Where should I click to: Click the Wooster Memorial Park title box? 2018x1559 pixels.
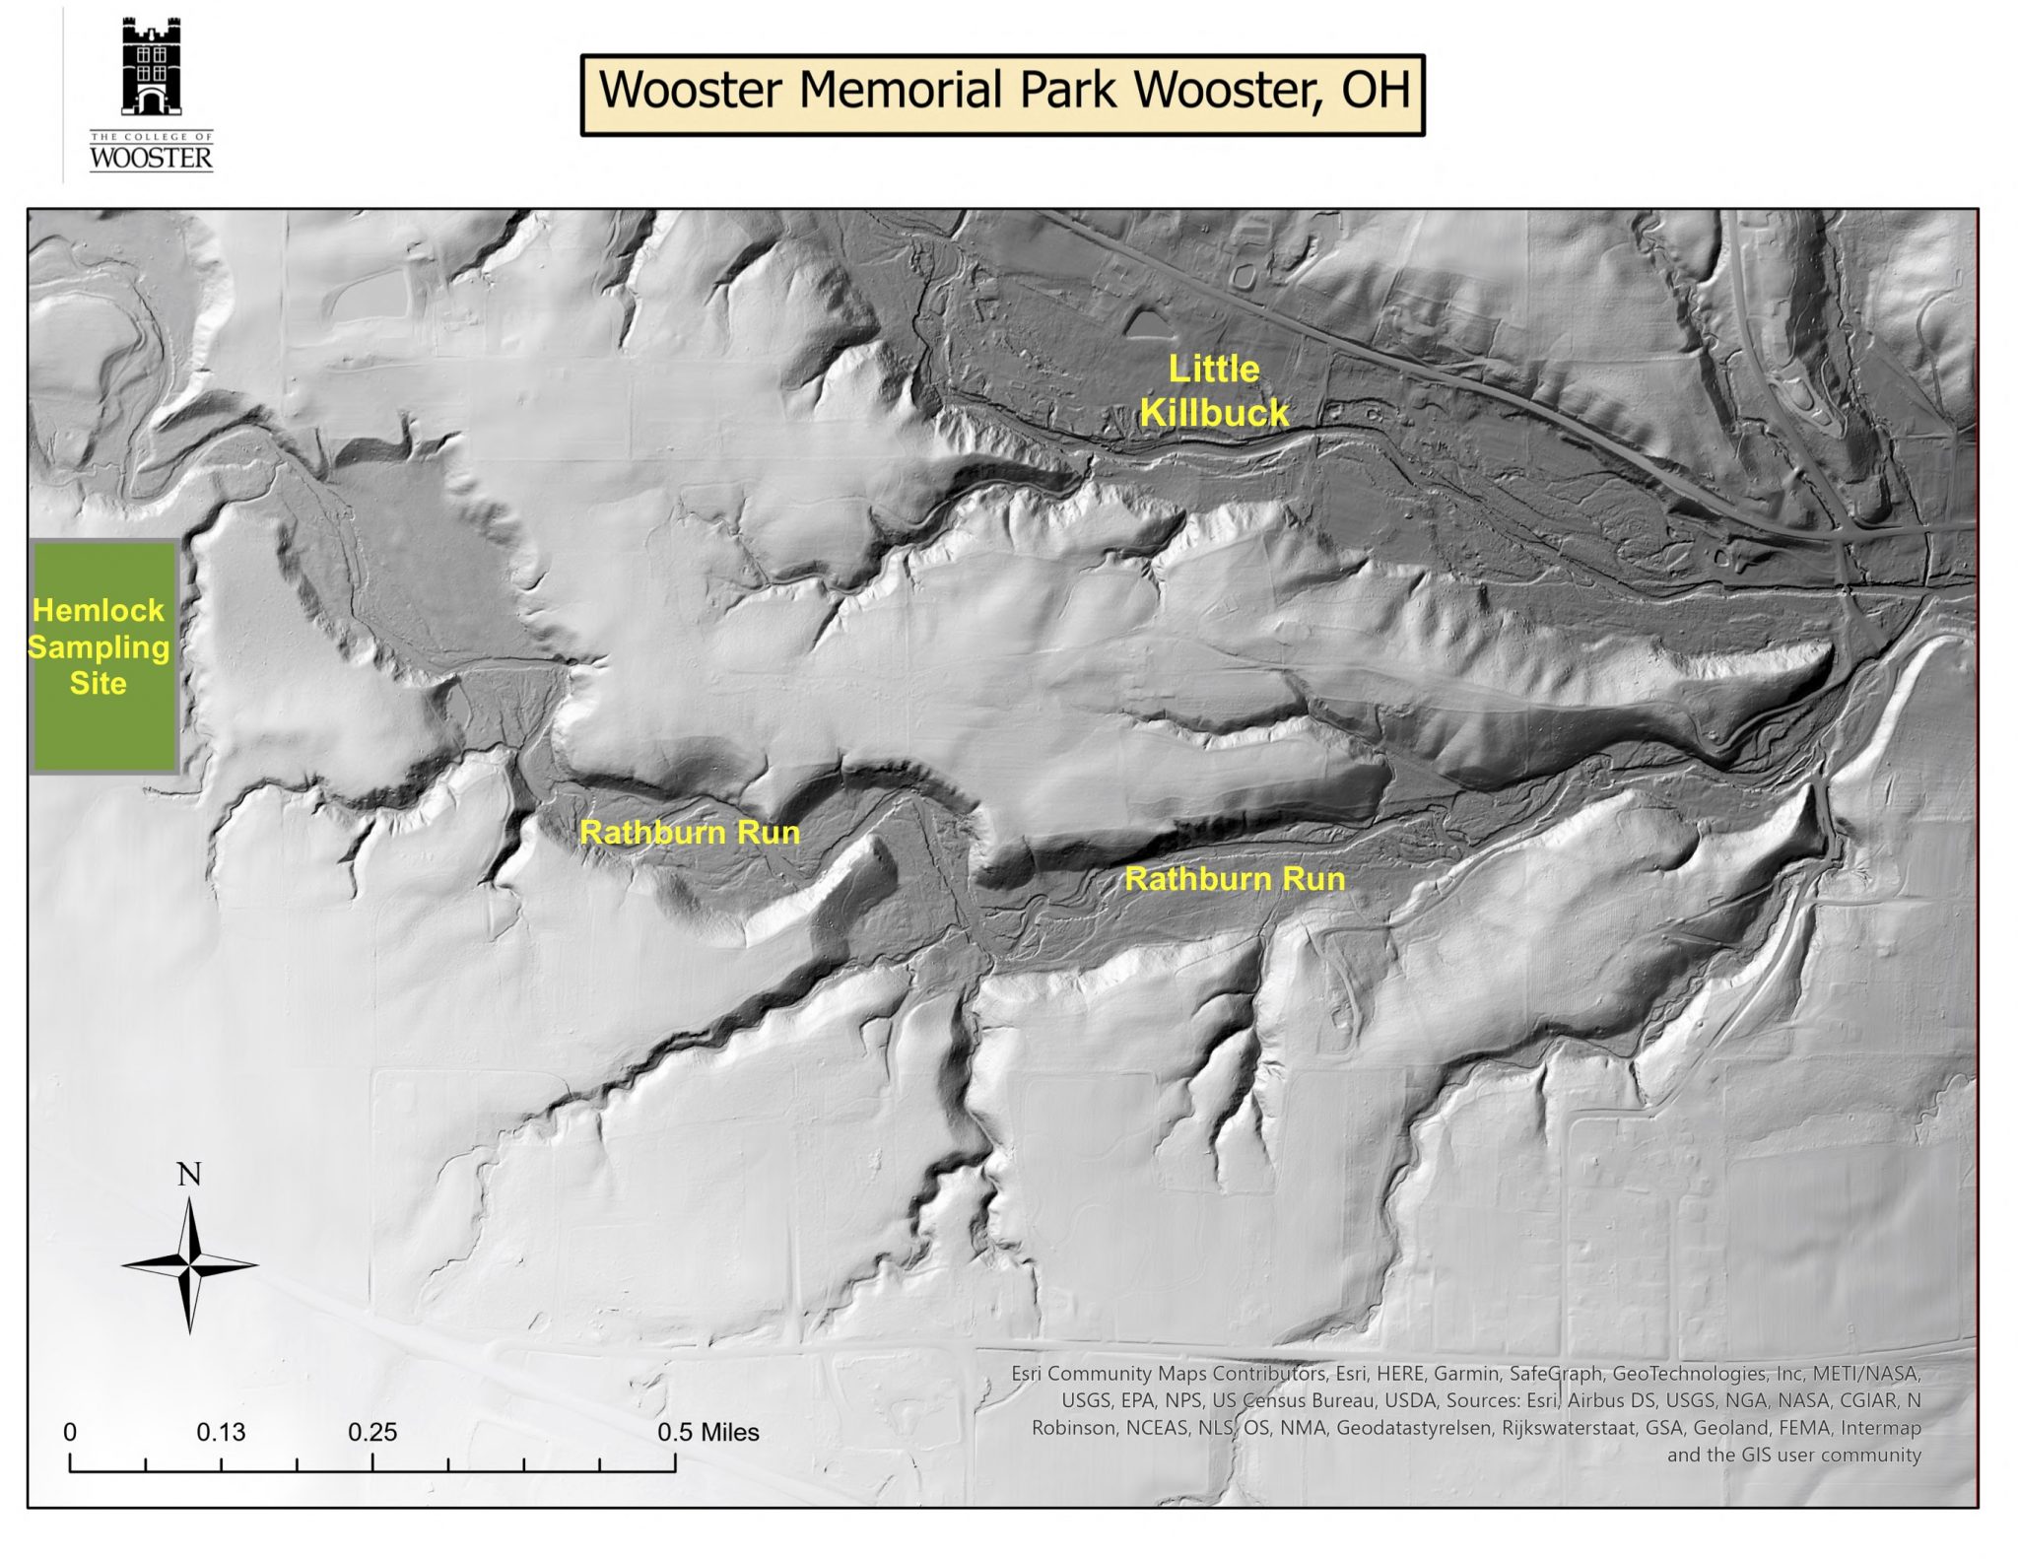[x=1002, y=95]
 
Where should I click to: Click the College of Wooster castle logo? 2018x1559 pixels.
[x=151, y=68]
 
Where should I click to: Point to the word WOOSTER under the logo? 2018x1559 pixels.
[x=151, y=159]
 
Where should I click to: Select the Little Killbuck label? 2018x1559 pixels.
[x=1214, y=390]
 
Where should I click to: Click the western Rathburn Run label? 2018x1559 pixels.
[x=690, y=833]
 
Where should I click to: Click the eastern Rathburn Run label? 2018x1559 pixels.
[x=1235, y=879]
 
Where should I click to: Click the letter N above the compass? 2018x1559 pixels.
[x=189, y=1175]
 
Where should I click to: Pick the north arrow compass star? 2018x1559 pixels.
[x=190, y=1265]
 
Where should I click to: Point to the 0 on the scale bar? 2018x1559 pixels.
[x=70, y=1432]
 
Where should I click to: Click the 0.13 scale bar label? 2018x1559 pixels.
[x=221, y=1432]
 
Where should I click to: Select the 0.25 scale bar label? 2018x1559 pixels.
[x=372, y=1432]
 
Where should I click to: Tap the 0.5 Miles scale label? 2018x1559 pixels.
[x=708, y=1432]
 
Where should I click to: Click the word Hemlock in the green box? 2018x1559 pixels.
[x=99, y=610]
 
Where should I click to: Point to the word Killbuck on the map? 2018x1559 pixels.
[x=1214, y=412]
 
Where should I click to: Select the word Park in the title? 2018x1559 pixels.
[x=1071, y=91]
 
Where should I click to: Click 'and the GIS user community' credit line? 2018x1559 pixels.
[x=1793, y=1455]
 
